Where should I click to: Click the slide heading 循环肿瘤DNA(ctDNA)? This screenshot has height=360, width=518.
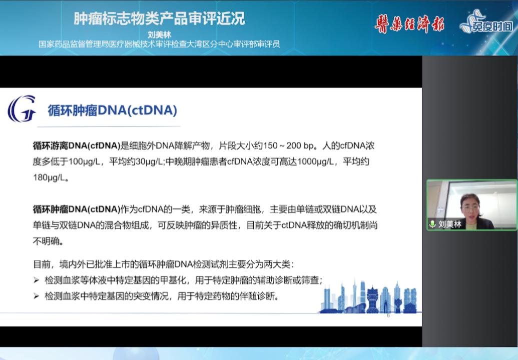click(x=112, y=110)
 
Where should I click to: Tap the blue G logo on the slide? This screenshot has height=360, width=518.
click(x=22, y=109)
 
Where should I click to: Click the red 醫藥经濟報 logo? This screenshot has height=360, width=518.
click(x=409, y=24)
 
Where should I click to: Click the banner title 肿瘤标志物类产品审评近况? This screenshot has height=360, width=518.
click(x=159, y=18)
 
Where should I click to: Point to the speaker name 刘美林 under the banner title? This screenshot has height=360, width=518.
click(x=159, y=34)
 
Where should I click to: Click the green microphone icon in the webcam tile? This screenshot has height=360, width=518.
click(x=432, y=224)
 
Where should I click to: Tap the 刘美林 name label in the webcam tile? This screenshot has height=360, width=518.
click(x=449, y=224)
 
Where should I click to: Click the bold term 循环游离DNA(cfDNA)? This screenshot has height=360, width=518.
click(x=76, y=145)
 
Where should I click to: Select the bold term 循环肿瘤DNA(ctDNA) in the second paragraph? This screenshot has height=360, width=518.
click(x=76, y=209)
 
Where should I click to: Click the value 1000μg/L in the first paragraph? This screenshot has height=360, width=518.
click(x=315, y=161)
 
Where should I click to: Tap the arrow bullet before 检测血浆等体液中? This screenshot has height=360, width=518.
click(x=37, y=280)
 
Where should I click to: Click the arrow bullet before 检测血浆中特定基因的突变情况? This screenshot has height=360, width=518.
click(x=37, y=296)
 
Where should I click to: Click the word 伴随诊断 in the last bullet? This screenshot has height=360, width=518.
click(x=257, y=296)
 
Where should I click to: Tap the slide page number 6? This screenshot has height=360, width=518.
click(x=388, y=316)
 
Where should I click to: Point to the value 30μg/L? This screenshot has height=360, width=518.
click(x=149, y=161)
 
